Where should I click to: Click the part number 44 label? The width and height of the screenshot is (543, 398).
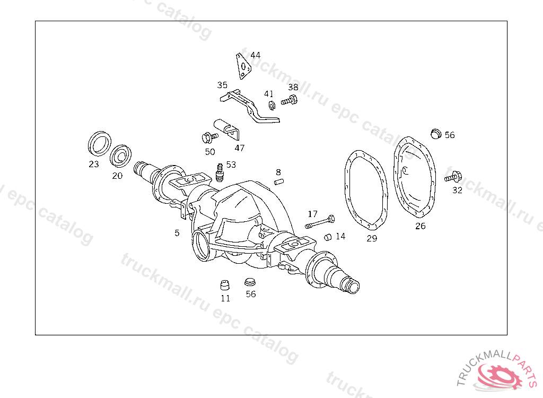coord(255,55)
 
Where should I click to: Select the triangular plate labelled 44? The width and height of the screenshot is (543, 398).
coord(243,66)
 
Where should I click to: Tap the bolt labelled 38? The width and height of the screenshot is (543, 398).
coord(289,100)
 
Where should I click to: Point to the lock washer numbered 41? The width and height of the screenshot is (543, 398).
coord(272,105)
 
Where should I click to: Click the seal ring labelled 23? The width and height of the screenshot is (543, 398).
coord(99,143)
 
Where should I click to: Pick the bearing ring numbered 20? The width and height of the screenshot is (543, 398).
coord(120,156)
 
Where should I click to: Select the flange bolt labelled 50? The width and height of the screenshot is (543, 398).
coord(209,137)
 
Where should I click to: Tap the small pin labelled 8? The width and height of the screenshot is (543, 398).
coord(279,181)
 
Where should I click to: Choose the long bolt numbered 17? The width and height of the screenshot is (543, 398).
coord(320,222)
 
